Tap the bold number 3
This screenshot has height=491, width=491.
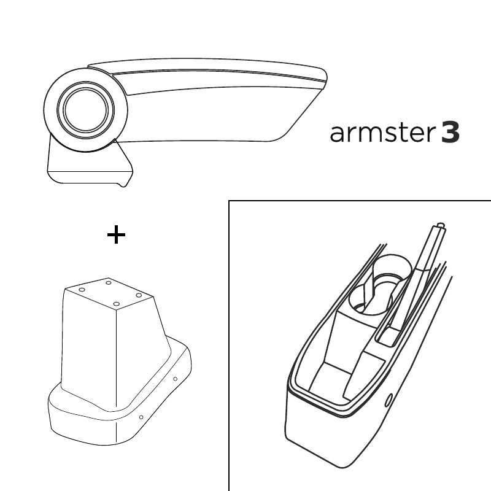[450, 133]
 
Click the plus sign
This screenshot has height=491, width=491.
[116, 234]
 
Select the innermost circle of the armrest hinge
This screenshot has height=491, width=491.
[86, 110]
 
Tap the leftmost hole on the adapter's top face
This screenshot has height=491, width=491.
[82, 290]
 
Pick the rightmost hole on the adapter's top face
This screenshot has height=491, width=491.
[139, 295]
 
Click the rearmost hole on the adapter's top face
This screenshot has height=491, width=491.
[109, 283]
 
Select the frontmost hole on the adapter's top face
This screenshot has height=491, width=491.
[116, 304]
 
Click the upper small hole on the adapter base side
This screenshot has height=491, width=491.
[175, 379]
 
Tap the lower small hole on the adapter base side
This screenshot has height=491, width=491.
[141, 417]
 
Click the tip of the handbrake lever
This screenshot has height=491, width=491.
[441, 225]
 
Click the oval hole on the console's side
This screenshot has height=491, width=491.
[389, 401]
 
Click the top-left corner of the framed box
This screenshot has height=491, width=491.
[229, 201]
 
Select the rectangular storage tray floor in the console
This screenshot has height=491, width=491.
[331, 381]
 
